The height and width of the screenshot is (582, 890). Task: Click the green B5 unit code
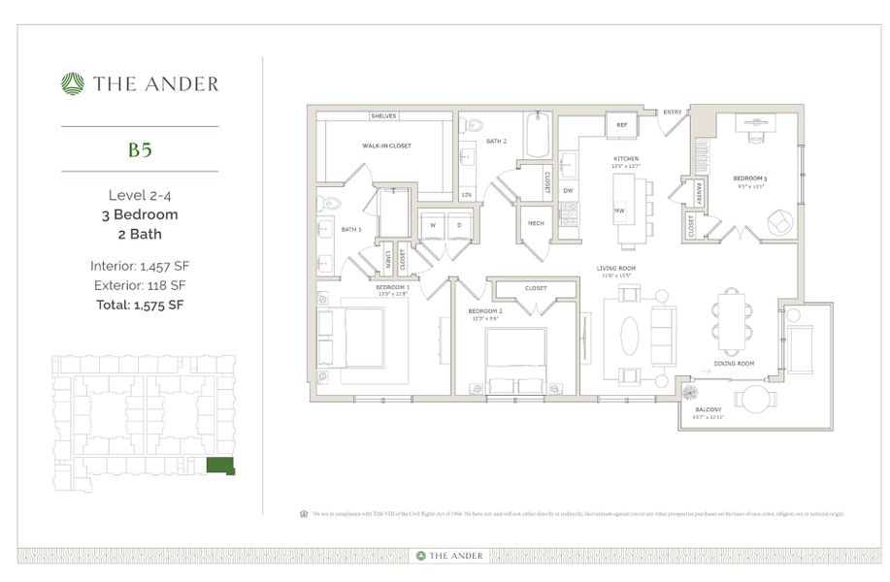140,149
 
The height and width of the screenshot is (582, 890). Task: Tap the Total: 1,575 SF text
140,305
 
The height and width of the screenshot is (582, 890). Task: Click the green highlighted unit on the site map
220,466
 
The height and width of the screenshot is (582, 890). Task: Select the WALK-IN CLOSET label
386,145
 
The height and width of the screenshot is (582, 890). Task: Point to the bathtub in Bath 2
540,135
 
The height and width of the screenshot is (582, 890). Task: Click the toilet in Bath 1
330,204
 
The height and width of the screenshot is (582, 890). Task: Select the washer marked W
432,225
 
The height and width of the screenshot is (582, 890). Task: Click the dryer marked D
458,225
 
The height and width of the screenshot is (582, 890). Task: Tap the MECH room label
535,223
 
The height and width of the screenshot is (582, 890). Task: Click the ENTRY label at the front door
672,113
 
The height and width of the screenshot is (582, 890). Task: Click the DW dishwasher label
568,190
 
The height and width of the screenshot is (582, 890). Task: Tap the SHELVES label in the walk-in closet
384,115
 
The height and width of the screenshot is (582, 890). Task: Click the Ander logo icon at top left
73,83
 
